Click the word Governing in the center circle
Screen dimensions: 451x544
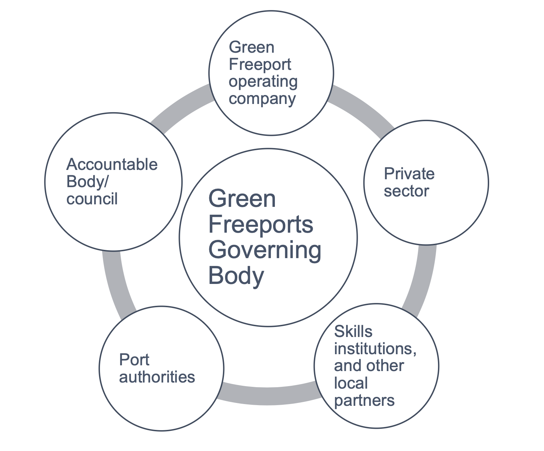[264, 251]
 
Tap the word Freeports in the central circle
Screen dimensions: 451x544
[261, 225]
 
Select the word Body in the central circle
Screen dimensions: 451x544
[236, 276]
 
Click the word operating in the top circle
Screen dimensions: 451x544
[263, 82]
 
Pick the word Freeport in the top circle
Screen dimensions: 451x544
[260, 65]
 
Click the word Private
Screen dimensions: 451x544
[409, 174]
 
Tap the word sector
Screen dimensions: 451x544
[406, 191]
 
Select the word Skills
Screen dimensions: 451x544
[353, 332]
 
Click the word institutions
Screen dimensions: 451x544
[375, 348]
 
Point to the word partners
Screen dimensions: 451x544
[364, 400]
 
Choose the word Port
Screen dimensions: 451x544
[134, 360]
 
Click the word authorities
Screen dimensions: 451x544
[157, 377]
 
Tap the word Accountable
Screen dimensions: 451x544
[112, 165]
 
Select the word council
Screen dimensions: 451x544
[92, 199]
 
